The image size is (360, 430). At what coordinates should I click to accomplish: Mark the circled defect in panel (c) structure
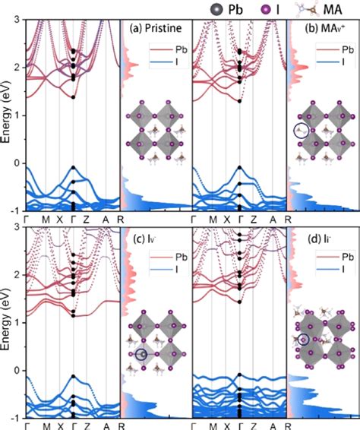click(141, 354)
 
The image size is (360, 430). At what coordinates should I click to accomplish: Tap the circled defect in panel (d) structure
click(304, 340)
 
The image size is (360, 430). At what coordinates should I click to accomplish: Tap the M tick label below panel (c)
click(46, 425)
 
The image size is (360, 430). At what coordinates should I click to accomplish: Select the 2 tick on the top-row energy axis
click(19, 67)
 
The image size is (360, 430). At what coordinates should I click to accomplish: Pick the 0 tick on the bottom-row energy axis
click(19, 370)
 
